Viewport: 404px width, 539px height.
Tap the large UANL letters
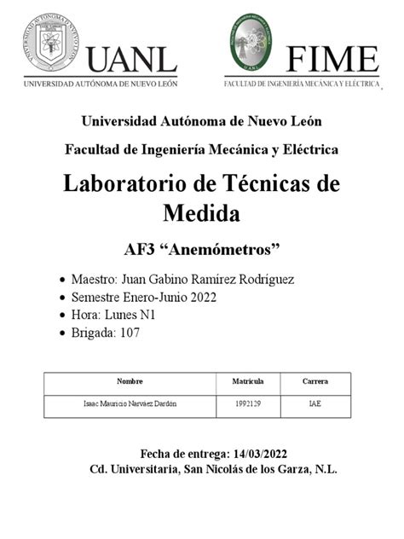click(x=131, y=59)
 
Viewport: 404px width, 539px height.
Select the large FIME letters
click(x=333, y=59)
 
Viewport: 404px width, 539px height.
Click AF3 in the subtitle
click(x=140, y=251)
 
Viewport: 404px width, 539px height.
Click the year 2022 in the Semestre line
click(x=202, y=298)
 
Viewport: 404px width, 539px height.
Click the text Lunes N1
click(x=130, y=316)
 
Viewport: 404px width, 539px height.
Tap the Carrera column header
click(x=315, y=381)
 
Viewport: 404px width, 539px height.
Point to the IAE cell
click(x=315, y=403)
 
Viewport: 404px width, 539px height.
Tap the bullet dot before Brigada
click(x=59, y=333)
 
